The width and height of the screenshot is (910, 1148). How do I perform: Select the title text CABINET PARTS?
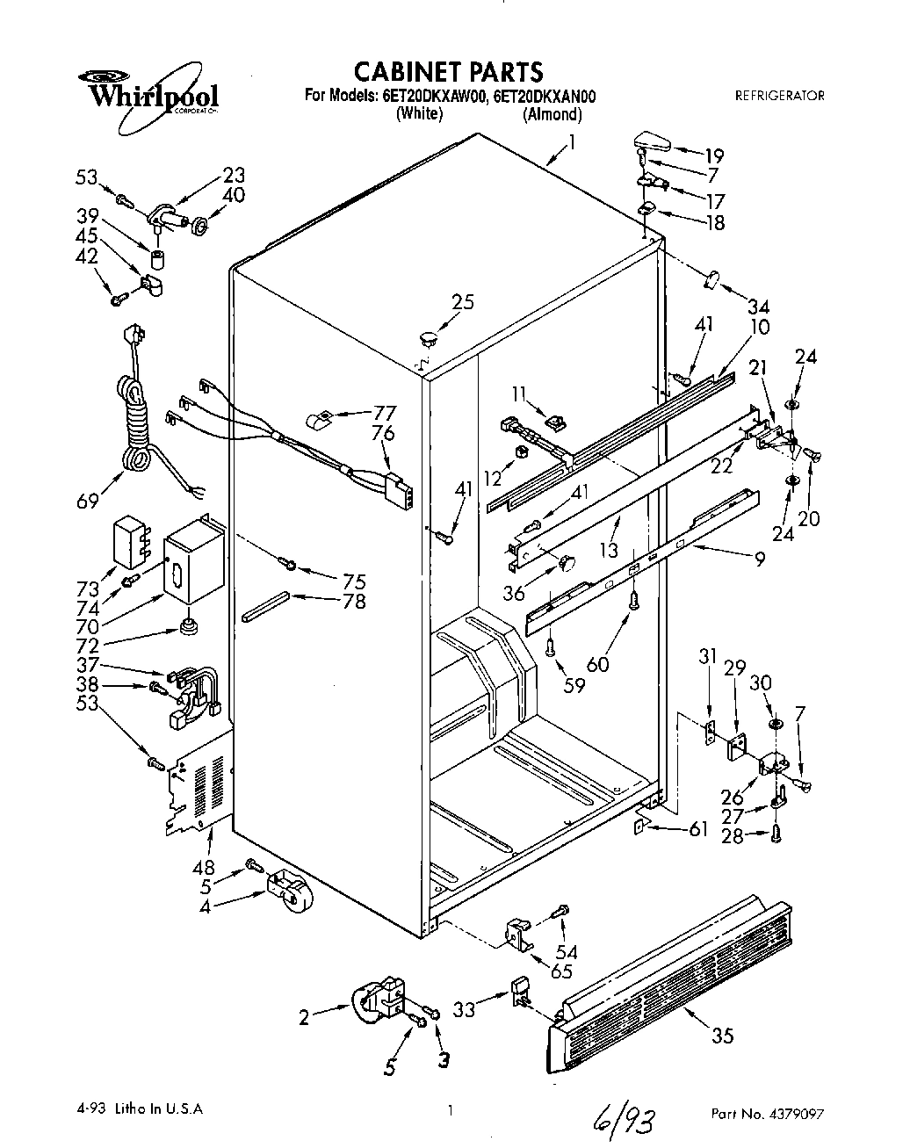[448, 70]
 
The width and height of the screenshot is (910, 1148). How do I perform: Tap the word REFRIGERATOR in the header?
[779, 96]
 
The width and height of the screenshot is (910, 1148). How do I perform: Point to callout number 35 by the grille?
[721, 1036]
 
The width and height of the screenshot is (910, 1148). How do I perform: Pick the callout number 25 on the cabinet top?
[462, 301]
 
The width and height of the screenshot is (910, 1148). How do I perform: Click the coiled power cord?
[135, 413]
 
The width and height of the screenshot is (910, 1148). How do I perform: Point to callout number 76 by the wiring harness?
[382, 433]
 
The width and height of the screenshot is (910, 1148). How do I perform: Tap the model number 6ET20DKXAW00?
[434, 97]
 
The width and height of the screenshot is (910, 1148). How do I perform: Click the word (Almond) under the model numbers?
[552, 114]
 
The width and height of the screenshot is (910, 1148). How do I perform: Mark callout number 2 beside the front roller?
[305, 1017]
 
